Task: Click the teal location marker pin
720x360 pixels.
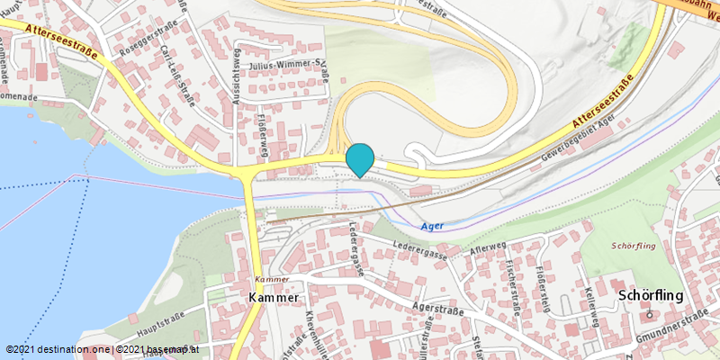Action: coord(360,159)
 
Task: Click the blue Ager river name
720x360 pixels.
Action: coord(433,226)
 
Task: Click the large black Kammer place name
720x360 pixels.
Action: coord(274,297)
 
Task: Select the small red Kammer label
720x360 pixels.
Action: coord(269,279)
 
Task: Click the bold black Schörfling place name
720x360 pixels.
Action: coord(652,295)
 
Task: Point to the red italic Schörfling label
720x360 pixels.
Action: coord(634,246)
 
